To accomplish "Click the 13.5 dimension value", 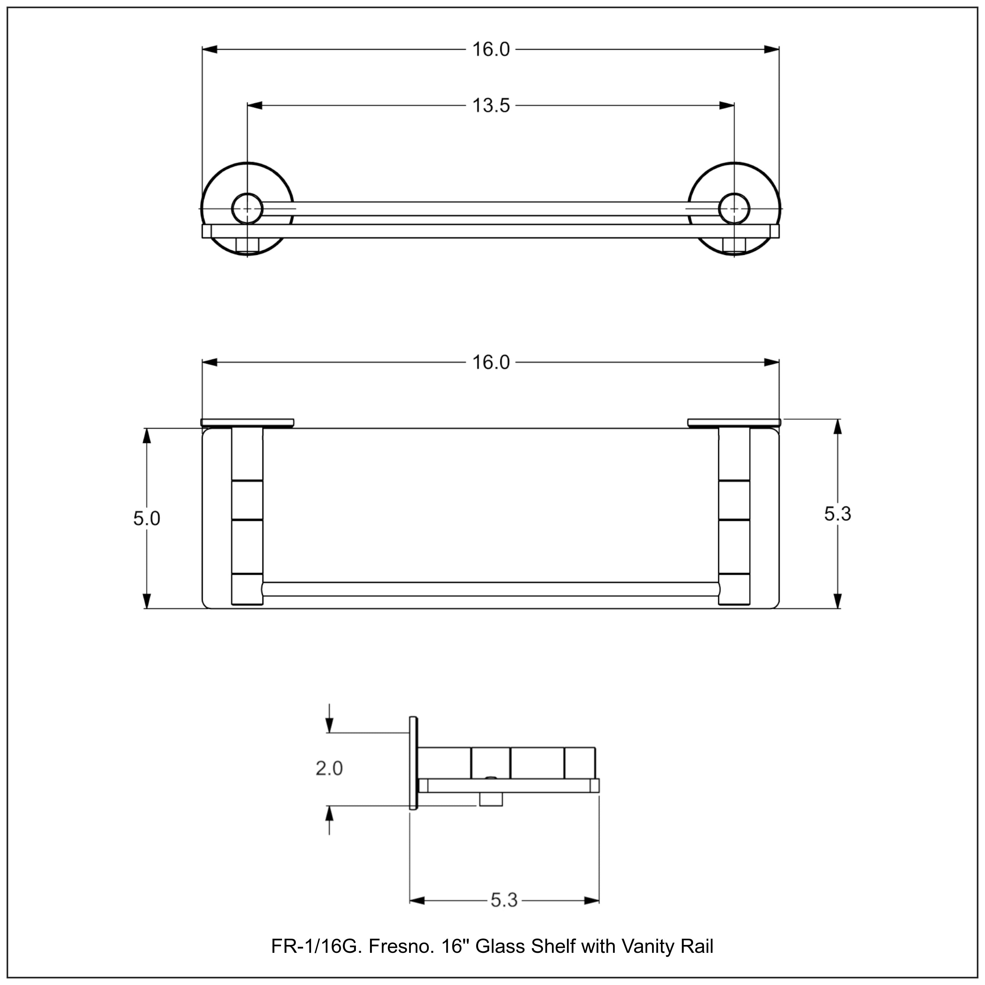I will [491, 106].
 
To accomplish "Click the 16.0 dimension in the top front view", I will [491, 50].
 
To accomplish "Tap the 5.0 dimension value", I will [146, 519].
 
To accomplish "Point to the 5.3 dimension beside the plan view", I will [838, 514].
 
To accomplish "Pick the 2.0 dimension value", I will [329, 768].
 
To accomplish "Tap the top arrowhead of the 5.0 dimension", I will [147, 436].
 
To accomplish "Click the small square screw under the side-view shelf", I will [491, 799].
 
